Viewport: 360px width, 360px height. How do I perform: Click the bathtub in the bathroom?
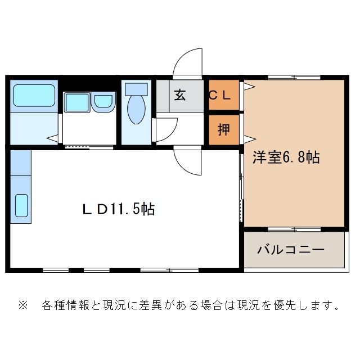[x=34, y=96]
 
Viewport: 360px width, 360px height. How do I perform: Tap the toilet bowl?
[x=136, y=110]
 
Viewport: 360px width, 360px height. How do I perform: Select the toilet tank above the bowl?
[x=136, y=89]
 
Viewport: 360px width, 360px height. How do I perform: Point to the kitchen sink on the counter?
[x=21, y=205]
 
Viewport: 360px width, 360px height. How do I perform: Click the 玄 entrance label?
[x=179, y=95]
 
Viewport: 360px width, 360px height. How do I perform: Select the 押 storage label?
[x=223, y=129]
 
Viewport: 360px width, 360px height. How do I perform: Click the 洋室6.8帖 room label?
[x=286, y=157]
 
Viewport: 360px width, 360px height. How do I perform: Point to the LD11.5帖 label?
[x=119, y=210]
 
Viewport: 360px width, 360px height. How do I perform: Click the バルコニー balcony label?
[x=291, y=249]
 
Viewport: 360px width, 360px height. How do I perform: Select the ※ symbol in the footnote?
[x=23, y=306]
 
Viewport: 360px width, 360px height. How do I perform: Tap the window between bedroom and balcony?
[x=294, y=229]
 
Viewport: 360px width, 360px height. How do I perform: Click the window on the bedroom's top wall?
[x=294, y=76]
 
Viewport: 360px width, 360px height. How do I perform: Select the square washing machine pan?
[x=76, y=102]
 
